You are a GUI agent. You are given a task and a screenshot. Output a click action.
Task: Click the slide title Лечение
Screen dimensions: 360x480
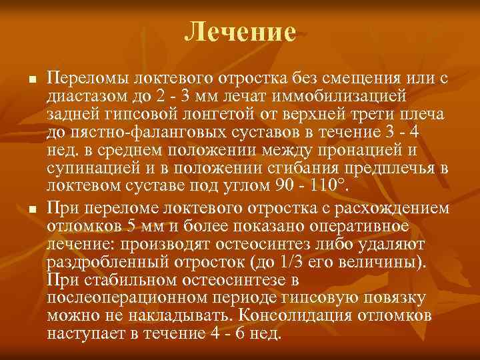coord(240,31)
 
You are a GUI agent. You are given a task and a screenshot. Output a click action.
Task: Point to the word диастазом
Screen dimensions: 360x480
coord(87,97)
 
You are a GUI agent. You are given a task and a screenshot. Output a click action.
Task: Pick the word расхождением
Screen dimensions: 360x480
coord(387,209)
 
